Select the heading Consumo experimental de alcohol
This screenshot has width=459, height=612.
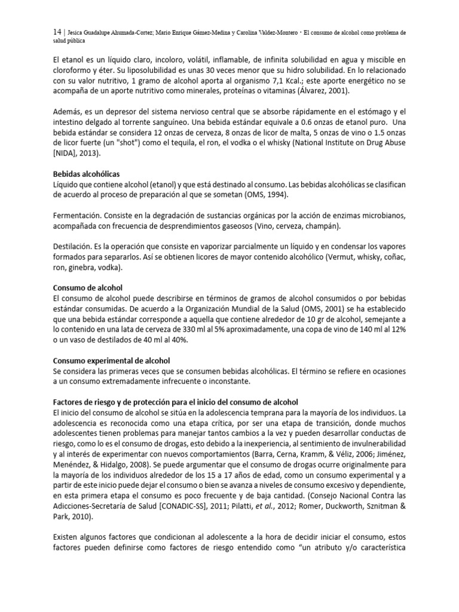[x=112, y=360]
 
